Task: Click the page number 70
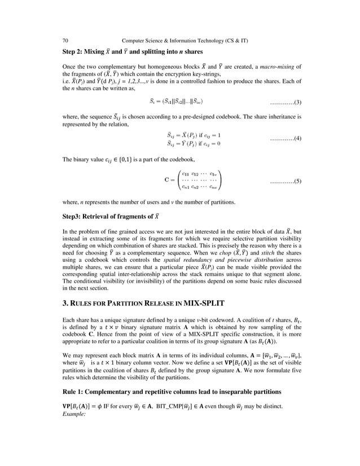tap(65, 41)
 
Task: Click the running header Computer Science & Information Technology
tap(183, 41)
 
